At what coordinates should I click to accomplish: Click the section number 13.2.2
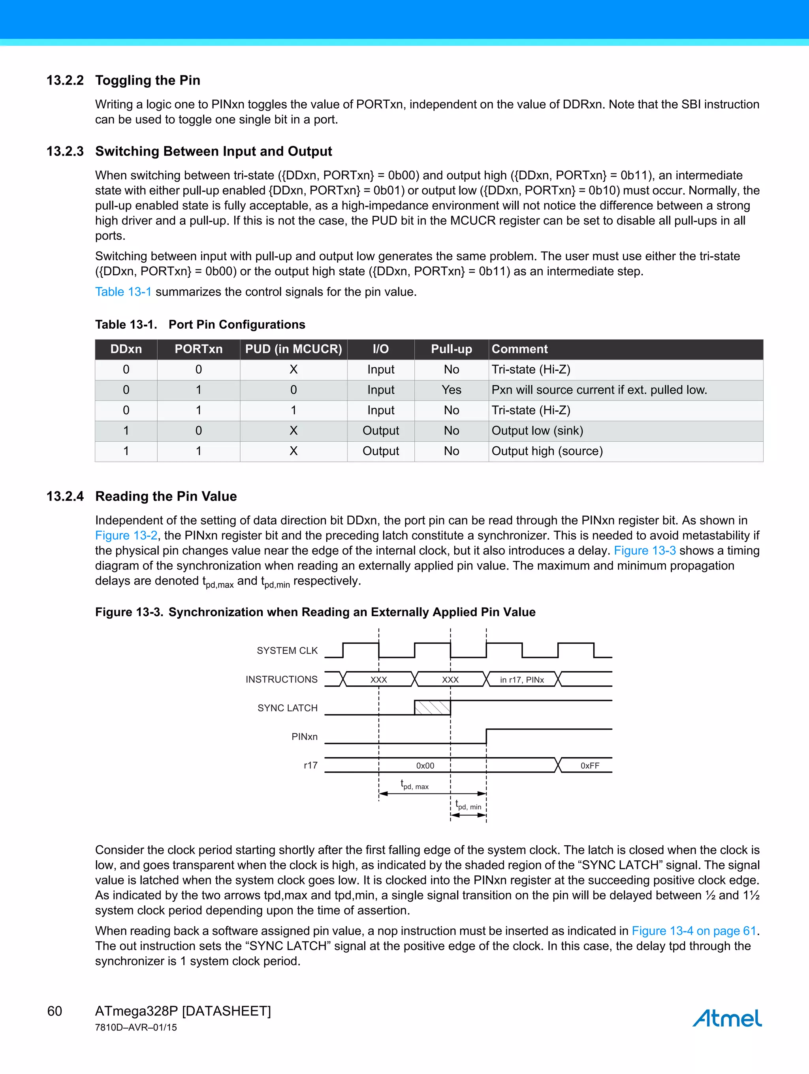(65, 80)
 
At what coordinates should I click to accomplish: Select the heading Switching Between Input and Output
(213, 152)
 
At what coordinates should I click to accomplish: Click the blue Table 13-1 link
(123, 292)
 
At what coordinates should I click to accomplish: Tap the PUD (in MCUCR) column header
(293, 349)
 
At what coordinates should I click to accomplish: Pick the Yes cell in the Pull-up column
(451, 390)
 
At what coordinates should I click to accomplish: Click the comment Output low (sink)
(537, 431)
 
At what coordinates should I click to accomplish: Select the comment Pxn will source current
(599, 390)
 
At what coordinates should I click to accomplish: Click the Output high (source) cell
(547, 451)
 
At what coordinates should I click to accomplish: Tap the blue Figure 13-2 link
(126, 536)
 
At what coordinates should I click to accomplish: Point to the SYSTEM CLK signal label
(287, 651)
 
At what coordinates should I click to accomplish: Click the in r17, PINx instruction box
(521, 680)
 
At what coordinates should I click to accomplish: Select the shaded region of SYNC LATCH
(432, 707)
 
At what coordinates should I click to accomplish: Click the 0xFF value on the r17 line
(589, 766)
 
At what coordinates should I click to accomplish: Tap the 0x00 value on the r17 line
(425, 766)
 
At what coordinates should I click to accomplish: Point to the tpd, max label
(414, 784)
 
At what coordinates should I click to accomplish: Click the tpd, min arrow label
(468, 805)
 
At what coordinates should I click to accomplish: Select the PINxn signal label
(305, 737)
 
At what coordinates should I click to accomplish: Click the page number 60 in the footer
(55, 1011)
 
